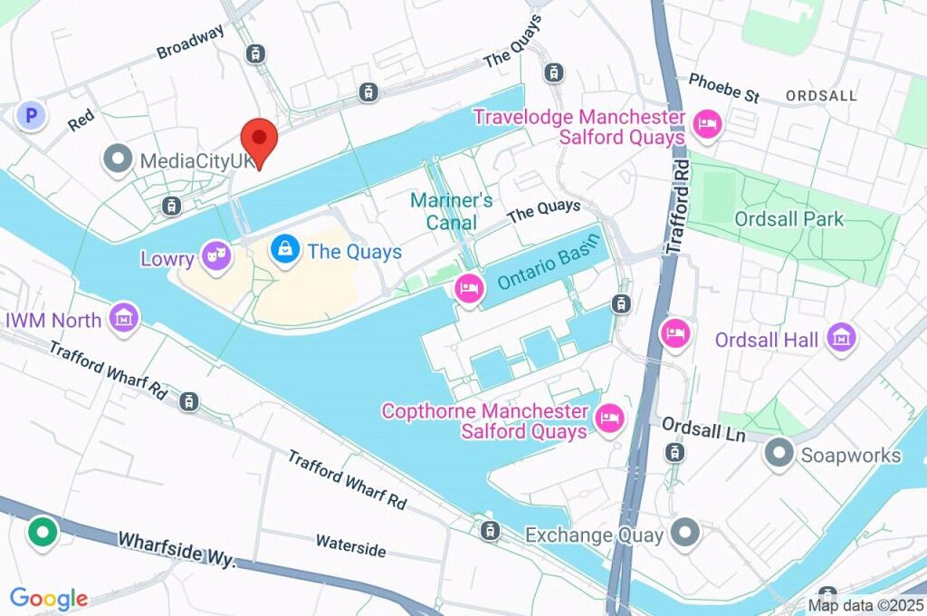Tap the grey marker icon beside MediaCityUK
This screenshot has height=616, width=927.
click(x=119, y=161)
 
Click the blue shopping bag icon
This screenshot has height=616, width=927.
click(x=285, y=249)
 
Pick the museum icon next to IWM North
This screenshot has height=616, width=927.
click(x=124, y=317)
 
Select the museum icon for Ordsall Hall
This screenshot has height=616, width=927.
click(x=842, y=338)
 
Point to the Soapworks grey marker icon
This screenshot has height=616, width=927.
click(x=779, y=454)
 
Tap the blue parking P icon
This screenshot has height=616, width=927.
click(x=33, y=116)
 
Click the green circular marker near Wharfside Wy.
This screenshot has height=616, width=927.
click(x=42, y=531)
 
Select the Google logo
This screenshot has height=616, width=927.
click(x=49, y=598)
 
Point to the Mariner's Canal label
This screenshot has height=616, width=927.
click(x=451, y=211)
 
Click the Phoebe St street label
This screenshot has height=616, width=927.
click(x=723, y=87)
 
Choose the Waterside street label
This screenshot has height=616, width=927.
click(x=350, y=546)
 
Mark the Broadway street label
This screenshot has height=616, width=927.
click(x=190, y=43)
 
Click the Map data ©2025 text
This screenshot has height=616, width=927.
click(x=865, y=605)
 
